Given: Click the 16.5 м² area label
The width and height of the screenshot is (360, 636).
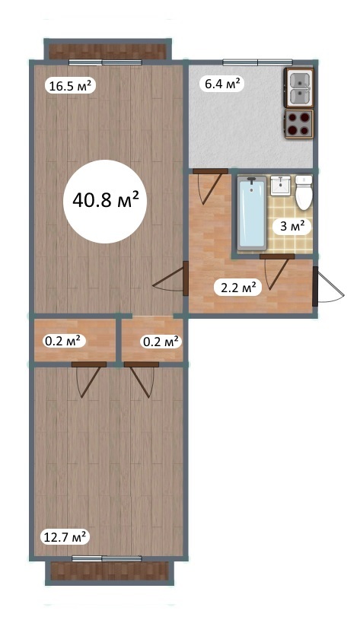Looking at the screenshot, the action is [70, 85].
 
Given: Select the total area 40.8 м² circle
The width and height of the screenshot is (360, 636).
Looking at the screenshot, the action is [106, 201].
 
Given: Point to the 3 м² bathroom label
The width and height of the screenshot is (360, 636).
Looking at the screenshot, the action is [292, 227].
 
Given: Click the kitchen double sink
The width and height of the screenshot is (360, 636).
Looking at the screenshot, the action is [299, 87].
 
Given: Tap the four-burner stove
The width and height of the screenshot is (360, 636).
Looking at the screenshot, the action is [299, 124].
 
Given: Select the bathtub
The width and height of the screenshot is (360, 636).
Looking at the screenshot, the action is [252, 213].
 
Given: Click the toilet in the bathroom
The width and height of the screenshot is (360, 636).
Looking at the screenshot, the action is [304, 192].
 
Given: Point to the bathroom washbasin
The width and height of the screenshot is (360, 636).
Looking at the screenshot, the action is [280, 185].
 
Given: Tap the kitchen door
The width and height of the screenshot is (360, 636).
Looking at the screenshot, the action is [210, 185].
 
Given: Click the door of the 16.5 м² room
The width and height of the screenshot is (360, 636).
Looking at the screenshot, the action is [171, 278].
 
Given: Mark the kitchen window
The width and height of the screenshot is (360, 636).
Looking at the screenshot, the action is [258, 62].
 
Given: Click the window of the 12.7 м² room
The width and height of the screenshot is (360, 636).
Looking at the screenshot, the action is [107, 558].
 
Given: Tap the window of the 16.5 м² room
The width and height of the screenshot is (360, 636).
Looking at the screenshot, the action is [105, 62].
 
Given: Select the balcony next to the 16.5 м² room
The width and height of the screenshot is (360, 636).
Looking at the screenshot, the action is [107, 49].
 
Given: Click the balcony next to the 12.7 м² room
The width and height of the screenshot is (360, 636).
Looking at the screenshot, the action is [109, 571].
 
